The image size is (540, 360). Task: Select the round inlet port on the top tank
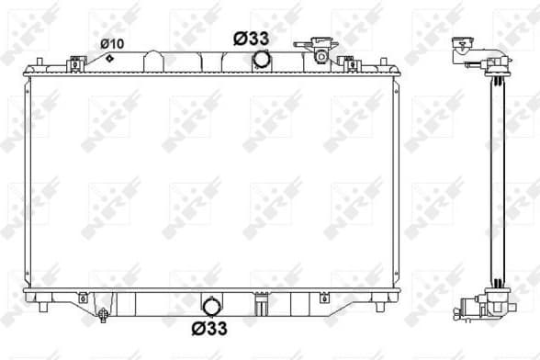click(263, 60)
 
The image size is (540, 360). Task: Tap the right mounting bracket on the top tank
click(347, 62)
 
